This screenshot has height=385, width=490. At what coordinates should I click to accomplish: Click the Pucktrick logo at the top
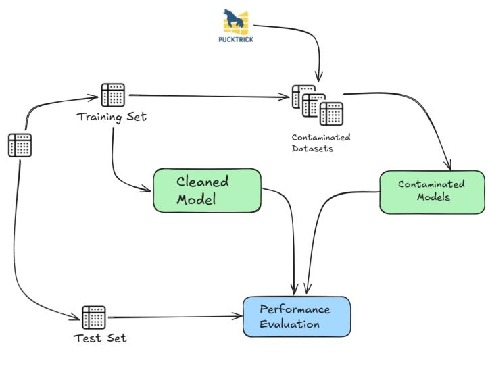pyautogui.click(x=236, y=22)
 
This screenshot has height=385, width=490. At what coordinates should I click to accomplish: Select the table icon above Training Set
pyautogui.click(x=113, y=95)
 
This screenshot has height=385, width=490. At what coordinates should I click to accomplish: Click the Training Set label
pyautogui.click(x=112, y=117)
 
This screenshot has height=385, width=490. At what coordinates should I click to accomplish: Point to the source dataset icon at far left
pyautogui.click(x=20, y=145)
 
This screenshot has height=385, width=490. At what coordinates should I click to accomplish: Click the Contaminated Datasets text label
pyautogui.click(x=321, y=143)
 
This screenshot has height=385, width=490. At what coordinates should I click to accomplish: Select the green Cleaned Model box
pyautogui.click(x=207, y=190)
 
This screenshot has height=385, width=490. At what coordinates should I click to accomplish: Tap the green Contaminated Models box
pyautogui.click(x=431, y=191)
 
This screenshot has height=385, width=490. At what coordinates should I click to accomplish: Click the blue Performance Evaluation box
pyautogui.click(x=297, y=316)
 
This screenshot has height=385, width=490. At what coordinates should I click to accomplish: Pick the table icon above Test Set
pyautogui.click(x=94, y=317)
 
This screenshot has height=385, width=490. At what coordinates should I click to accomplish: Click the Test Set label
pyautogui.click(x=100, y=338)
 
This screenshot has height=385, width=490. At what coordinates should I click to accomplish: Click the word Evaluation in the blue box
pyautogui.click(x=290, y=324)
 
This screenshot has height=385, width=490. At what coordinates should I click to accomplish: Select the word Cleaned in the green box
pyautogui.click(x=203, y=182)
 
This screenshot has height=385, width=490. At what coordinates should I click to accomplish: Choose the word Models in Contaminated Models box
pyautogui.click(x=433, y=197)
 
